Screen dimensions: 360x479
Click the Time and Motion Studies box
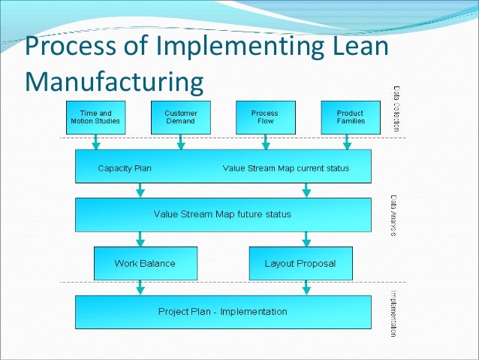pyautogui.click(x=95, y=117)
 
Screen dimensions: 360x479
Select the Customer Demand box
pyautogui.click(x=180, y=117)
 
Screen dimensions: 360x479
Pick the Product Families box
pyautogui.click(x=350, y=117)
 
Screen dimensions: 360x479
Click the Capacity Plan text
pyautogui.click(x=125, y=168)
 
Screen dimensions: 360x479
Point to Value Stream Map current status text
pyautogui.click(x=285, y=168)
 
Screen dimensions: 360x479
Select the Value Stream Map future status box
pyautogui.click(x=223, y=214)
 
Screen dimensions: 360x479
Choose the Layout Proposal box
pyautogui.click(x=300, y=264)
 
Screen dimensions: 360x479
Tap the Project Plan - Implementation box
pyautogui.click(x=223, y=311)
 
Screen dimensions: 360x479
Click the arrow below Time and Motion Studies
pyautogui.click(x=96, y=142)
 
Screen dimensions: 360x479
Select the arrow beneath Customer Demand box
pyautogui.click(x=181, y=142)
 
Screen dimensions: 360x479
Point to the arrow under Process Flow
pyautogui.click(x=265, y=142)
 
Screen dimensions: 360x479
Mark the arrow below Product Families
pyautogui.click(x=347, y=142)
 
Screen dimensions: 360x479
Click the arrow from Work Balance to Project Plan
pyautogui.click(x=139, y=287)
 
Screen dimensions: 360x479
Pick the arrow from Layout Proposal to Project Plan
pyautogui.click(x=306, y=287)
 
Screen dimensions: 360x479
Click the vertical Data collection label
pyautogui.click(x=396, y=109)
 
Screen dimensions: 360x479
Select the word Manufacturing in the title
pyautogui.click(x=114, y=81)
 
